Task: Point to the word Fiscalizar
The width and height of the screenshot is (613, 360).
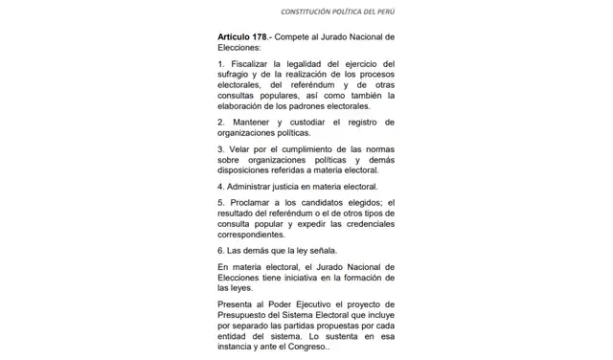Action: (x=251, y=64)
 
